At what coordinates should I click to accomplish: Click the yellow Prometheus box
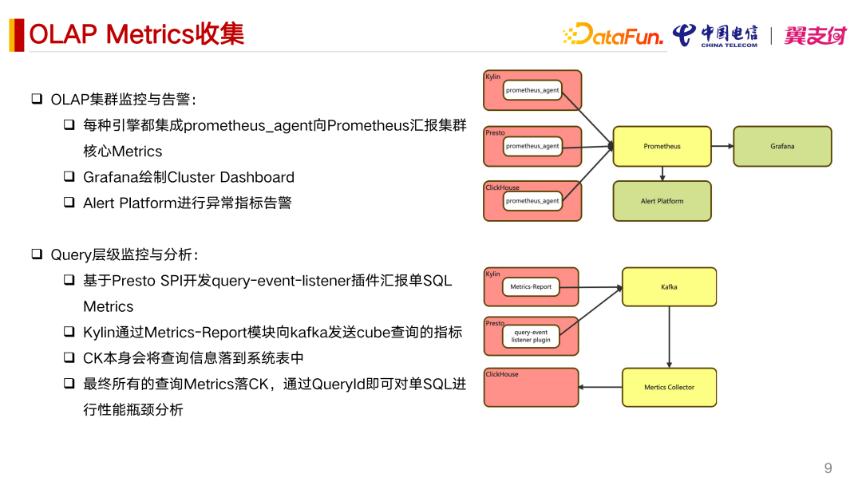coord(662,146)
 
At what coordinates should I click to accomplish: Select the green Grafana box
coord(782,146)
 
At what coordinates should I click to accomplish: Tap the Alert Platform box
coord(662,201)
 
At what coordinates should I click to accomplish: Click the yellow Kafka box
coord(669,287)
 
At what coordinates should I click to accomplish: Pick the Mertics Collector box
coord(669,388)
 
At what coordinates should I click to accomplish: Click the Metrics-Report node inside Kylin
coord(531,286)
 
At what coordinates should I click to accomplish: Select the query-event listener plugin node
coord(531,336)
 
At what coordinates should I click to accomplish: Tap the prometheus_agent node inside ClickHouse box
coord(532,201)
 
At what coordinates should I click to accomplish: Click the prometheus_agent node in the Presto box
coord(532,146)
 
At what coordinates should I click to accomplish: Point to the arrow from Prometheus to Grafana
coord(722,146)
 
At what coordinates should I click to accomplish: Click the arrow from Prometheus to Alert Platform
coord(662,173)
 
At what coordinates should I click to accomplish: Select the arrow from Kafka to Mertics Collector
coord(669,337)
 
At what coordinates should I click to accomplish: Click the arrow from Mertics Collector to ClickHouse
coord(600,388)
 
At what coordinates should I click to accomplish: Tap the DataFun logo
coord(613,34)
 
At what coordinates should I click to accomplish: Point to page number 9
coord(828,467)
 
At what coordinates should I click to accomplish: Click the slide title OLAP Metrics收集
coord(136,34)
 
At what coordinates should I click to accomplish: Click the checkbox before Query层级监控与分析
coord(37,254)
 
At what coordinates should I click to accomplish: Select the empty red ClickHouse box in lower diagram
coord(531,388)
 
